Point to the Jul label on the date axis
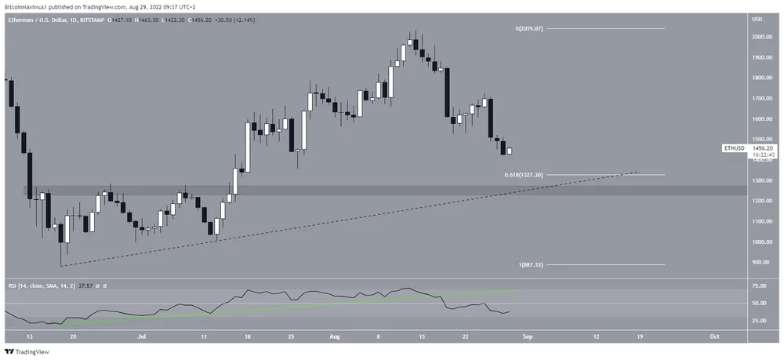(x=141, y=335)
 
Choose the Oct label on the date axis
(x=713, y=335)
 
